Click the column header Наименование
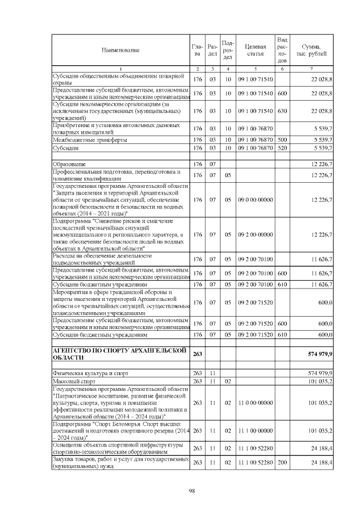120,51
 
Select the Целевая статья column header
255,51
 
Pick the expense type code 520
282,148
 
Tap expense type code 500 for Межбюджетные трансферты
282,139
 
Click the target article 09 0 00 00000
255,200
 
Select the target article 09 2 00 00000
255,235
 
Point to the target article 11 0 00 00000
255,403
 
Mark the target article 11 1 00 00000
255,431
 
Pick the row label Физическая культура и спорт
90,373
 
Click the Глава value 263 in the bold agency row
197,354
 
